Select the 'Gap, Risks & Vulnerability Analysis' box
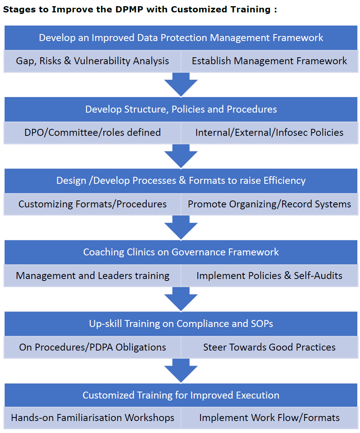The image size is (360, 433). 93,61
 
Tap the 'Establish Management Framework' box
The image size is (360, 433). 269,61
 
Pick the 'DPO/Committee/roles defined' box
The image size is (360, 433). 93,133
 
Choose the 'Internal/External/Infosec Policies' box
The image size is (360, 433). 269,133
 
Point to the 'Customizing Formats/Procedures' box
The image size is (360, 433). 93,204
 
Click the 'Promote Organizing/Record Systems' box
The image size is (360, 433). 269,204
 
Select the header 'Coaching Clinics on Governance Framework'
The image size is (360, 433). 181,252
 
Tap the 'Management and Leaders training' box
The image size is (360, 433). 93,276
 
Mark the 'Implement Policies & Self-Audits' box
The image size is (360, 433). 269,276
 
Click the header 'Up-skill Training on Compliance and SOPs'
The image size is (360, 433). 181,324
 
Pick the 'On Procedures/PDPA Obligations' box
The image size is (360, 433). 93,347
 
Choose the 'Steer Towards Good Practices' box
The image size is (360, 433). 269,347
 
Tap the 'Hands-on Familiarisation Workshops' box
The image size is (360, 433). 93,418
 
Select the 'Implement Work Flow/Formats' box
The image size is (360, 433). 269,418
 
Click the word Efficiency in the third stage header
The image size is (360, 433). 285,181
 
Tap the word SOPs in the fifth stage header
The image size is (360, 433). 260,324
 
